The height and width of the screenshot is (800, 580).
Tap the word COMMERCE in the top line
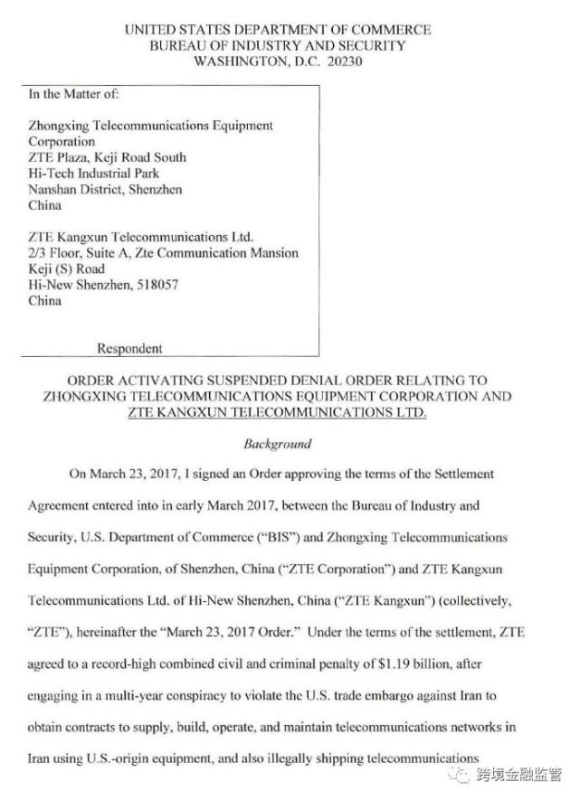click(x=391, y=29)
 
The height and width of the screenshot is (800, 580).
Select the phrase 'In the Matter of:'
click(x=73, y=93)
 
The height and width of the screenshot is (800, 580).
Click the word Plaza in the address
click(x=76, y=157)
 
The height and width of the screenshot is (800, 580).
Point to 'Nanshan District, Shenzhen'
click(x=105, y=189)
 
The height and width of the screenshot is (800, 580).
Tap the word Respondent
click(x=129, y=348)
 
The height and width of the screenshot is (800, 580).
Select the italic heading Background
click(x=278, y=444)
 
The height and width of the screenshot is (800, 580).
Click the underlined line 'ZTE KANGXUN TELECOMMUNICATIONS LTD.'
click(x=278, y=413)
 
